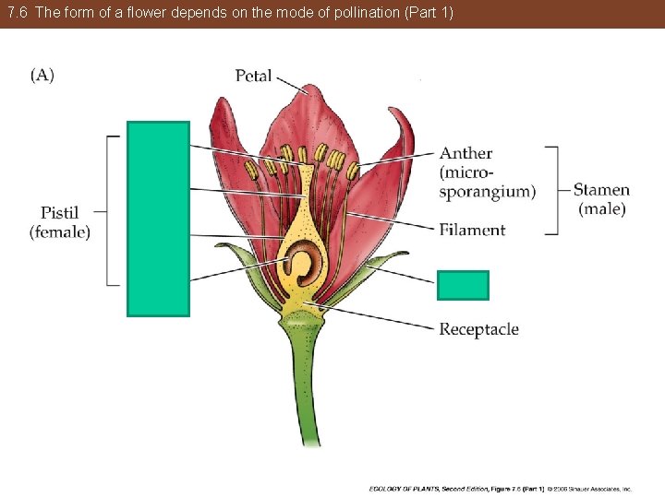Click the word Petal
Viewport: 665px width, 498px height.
click(253, 76)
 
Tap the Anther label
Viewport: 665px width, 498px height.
click(465, 153)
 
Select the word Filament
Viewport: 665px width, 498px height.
click(472, 230)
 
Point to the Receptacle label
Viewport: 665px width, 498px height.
click(478, 329)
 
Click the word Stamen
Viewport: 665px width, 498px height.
click(601, 190)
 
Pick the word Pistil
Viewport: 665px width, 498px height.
click(60, 213)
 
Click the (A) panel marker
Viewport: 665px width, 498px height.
click(42, 75)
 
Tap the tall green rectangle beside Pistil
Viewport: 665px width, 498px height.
click(158, 219)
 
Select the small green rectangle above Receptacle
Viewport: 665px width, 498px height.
click(462, 286)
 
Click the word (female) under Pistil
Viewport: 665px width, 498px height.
click(60, 232)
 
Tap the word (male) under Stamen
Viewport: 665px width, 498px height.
click(601, 209)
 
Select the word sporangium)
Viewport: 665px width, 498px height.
click(487, 192)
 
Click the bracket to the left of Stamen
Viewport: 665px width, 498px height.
click(553, 190)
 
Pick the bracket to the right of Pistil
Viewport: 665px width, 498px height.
click(111, 211)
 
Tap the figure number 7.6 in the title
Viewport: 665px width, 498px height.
click(18, 14)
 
